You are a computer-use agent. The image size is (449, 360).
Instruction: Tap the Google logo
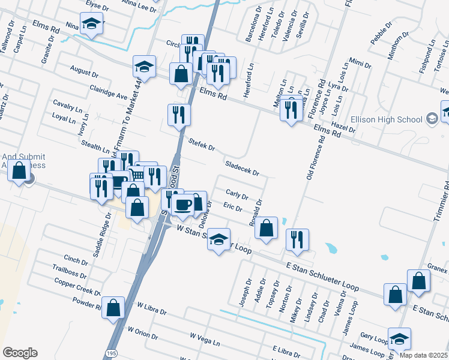[20, 353]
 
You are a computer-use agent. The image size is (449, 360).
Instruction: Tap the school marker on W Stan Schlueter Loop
[219, 239]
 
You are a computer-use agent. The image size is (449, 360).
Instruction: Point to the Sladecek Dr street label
[241, 168]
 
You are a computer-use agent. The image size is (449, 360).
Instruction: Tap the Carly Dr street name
[237, 194]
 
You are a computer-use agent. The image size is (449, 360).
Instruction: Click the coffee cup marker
[182, 205]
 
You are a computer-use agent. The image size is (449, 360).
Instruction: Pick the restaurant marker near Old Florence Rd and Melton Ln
[291, 110]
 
